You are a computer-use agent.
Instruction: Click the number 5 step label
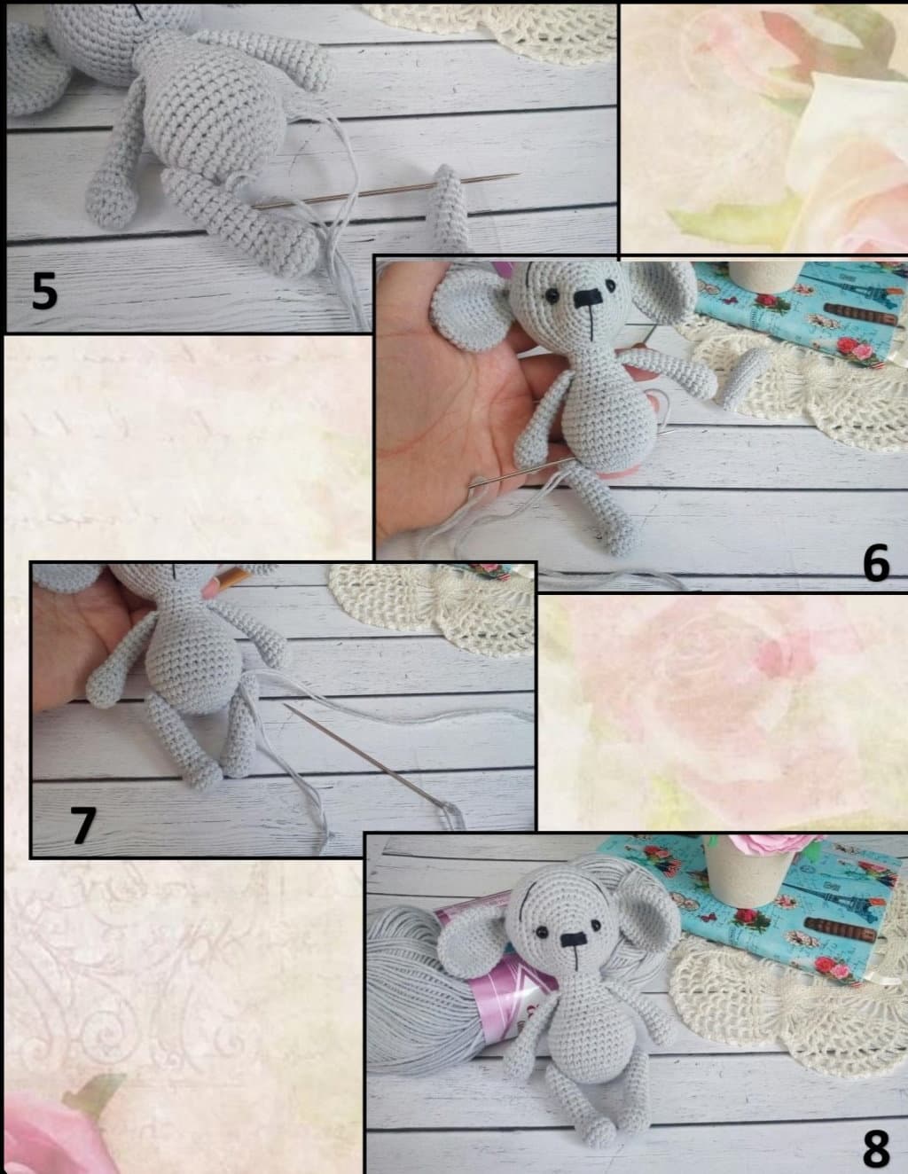pyautogui.click(x=44, y=290)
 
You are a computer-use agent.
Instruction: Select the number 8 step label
pyautogui.click(x=875, y=1147)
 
